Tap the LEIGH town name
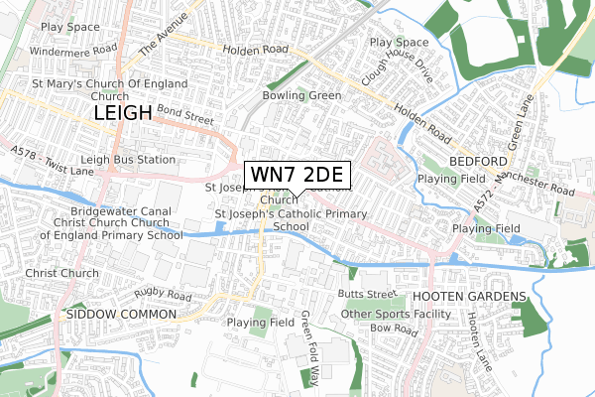pos(123,114)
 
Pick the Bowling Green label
pos(301,95)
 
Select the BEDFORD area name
pos(479,161)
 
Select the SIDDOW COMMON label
pos(120,314)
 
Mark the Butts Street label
pos(366,295)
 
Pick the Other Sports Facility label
pos(388,314)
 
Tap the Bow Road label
pos(391,328)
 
